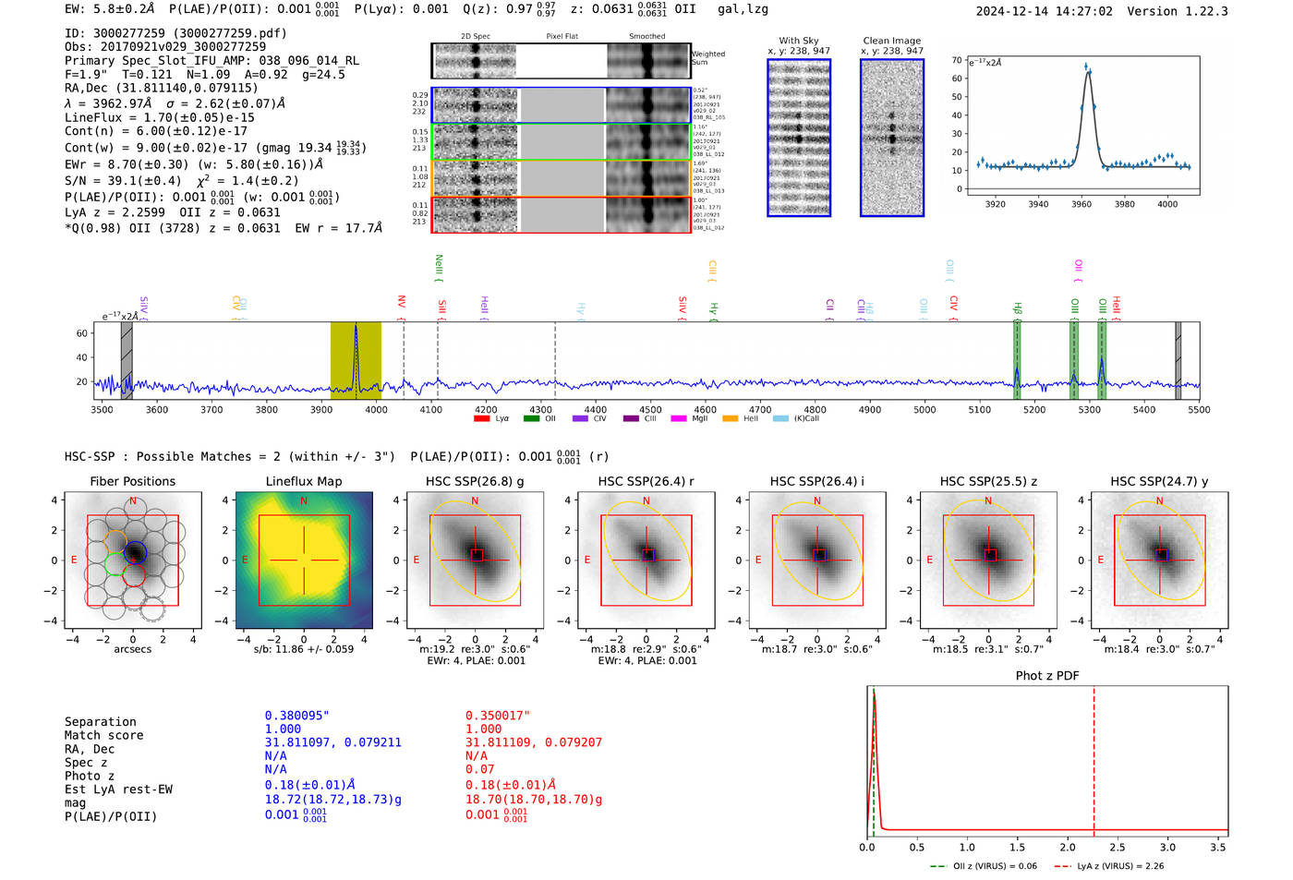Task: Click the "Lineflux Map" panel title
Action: click(304, 481)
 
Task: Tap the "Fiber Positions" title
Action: click(132, 481)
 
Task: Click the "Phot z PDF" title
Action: click(1047, 676)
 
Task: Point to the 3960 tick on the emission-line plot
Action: click(1082, 204)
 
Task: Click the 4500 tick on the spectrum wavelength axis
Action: click(650, 410)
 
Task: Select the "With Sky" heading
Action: click(798, 41)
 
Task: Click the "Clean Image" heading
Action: click(891, 41)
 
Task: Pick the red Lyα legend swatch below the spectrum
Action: click(481, 418)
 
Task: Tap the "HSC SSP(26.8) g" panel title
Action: click(475, 481)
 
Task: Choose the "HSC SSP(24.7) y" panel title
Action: click(1159, 481)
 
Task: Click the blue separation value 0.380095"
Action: click(297, 716)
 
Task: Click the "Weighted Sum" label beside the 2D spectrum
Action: click(708, 58)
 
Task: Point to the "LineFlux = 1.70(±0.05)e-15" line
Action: click(159, 118)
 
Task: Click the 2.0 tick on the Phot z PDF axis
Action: click(1068, 847)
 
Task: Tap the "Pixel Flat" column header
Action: click(562, 37)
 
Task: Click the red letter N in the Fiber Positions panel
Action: click(133, 501)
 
